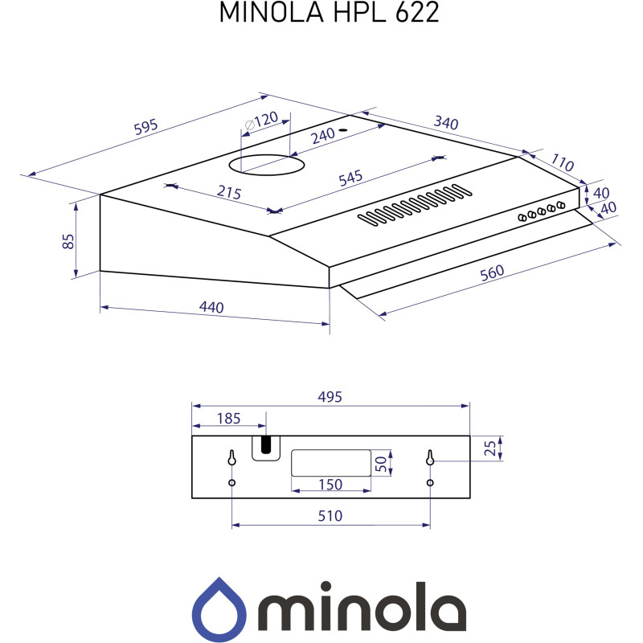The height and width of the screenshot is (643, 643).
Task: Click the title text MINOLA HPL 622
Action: [x=330, y=14]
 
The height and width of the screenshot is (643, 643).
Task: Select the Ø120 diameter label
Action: [x=260, y=121]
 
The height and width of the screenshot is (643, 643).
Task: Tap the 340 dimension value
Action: [x=445, y=124]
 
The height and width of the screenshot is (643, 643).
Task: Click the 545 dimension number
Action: [x=350, y=178]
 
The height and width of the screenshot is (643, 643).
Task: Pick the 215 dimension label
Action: [x=229, y=193]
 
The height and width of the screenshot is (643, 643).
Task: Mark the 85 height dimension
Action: [x=68, y=240]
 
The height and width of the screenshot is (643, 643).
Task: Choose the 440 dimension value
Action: [x=211, y=308]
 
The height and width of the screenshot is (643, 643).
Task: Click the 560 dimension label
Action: [x=491, y=272]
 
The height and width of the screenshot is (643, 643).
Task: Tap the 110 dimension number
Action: [x=563, y=163]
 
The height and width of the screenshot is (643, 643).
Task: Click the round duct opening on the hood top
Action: [x=268, y=165]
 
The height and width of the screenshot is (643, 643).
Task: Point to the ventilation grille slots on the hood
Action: [x=413, y=204]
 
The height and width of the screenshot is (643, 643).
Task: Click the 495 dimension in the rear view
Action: [x=330, y=397]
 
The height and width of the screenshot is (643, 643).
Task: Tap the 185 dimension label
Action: [x=229, y=418]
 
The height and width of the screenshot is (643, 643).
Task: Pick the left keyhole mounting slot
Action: [x=231, y=458]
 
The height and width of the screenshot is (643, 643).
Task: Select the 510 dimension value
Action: [x=330, y=515]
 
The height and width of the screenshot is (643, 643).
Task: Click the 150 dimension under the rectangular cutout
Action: [x=330, y=484]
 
